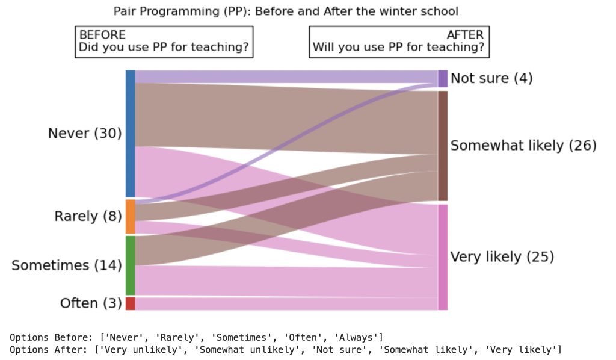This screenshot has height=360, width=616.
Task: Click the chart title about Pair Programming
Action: click(286, 11)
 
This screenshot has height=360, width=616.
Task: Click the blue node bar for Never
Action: click(130, 134)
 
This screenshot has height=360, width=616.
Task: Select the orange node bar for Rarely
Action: click(130, 217)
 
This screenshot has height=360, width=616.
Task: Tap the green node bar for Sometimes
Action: click(130, 265)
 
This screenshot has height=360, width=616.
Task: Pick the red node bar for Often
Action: click(130, 303)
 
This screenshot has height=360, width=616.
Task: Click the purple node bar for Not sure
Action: click(443, 79)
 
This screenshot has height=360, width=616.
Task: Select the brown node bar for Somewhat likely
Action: click(443, 146)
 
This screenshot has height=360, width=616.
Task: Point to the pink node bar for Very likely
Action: click(443, 257)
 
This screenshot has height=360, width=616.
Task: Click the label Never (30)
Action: click(85, 134)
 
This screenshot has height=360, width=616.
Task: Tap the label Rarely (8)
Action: click(88, 216)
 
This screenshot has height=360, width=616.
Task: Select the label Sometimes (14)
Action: click(67, 265)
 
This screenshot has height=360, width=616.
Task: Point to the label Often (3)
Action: click(91, 303)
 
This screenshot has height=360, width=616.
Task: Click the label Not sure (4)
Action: click(491, 79)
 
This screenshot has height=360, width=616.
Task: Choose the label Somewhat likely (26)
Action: click(523, 146)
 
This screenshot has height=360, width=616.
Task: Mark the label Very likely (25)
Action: click(502, 257)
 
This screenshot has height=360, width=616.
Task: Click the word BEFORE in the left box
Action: click(102, 35)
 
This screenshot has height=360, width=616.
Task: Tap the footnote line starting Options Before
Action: click(197, 337)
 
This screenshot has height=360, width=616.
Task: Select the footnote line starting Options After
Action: click(286, 349)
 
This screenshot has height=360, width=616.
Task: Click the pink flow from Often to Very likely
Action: click(286, 303)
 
